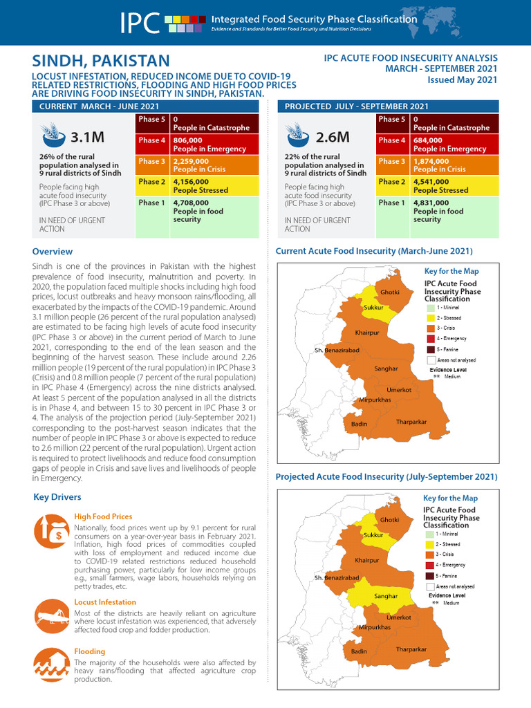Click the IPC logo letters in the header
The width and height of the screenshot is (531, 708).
point(140,23)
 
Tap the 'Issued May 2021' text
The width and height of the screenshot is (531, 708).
point(463,80)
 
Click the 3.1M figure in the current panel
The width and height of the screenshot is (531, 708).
point(87,138)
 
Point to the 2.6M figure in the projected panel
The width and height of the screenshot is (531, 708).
point(333,138)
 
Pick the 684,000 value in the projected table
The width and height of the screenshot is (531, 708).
point(431,140)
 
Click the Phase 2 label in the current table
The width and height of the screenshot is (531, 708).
point(151,182)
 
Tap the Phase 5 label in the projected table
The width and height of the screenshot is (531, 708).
point(391,120)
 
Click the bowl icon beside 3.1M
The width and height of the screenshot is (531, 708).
point(50,136)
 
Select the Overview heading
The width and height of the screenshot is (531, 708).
point(53,252)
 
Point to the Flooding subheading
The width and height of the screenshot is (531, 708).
point(90,651)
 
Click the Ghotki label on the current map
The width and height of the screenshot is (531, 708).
point(390,292)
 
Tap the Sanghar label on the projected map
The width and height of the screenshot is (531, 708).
point(386,596)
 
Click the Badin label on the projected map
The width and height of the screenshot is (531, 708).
point(359,651)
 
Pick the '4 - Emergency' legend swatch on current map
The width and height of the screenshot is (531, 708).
point(431,339)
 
